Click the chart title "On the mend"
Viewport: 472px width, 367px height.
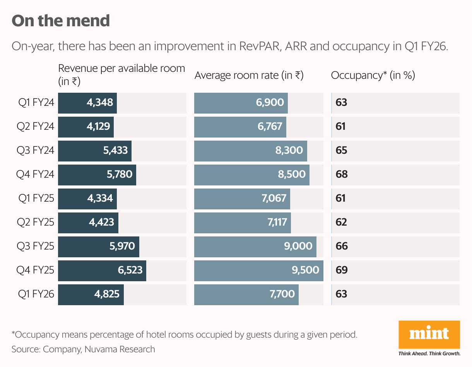coord(61,21)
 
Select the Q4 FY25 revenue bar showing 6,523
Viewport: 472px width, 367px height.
coord(102,271)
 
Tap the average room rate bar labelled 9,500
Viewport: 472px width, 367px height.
coord(259,271)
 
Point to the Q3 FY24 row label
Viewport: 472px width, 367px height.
coord(35,150)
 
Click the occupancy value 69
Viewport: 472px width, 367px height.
coord(342,270)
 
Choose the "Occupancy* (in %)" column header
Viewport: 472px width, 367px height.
coord(373,75)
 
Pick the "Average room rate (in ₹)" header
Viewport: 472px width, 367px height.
coord(249,75)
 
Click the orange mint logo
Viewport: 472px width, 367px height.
coord(429,335)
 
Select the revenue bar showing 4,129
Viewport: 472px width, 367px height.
coord(86,127)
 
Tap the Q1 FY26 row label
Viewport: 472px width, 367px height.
coord(36,294)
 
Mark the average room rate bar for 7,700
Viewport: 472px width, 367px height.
coord(246,294)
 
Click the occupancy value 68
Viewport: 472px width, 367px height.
coord(342,174)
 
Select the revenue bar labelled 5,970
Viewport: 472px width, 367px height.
coord(99,247)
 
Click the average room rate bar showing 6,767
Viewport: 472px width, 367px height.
coord(240,127)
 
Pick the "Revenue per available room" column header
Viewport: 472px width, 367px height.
coord(121,75)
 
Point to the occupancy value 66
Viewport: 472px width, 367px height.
coord(342,246)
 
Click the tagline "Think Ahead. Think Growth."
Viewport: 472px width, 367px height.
coord(429,353)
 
